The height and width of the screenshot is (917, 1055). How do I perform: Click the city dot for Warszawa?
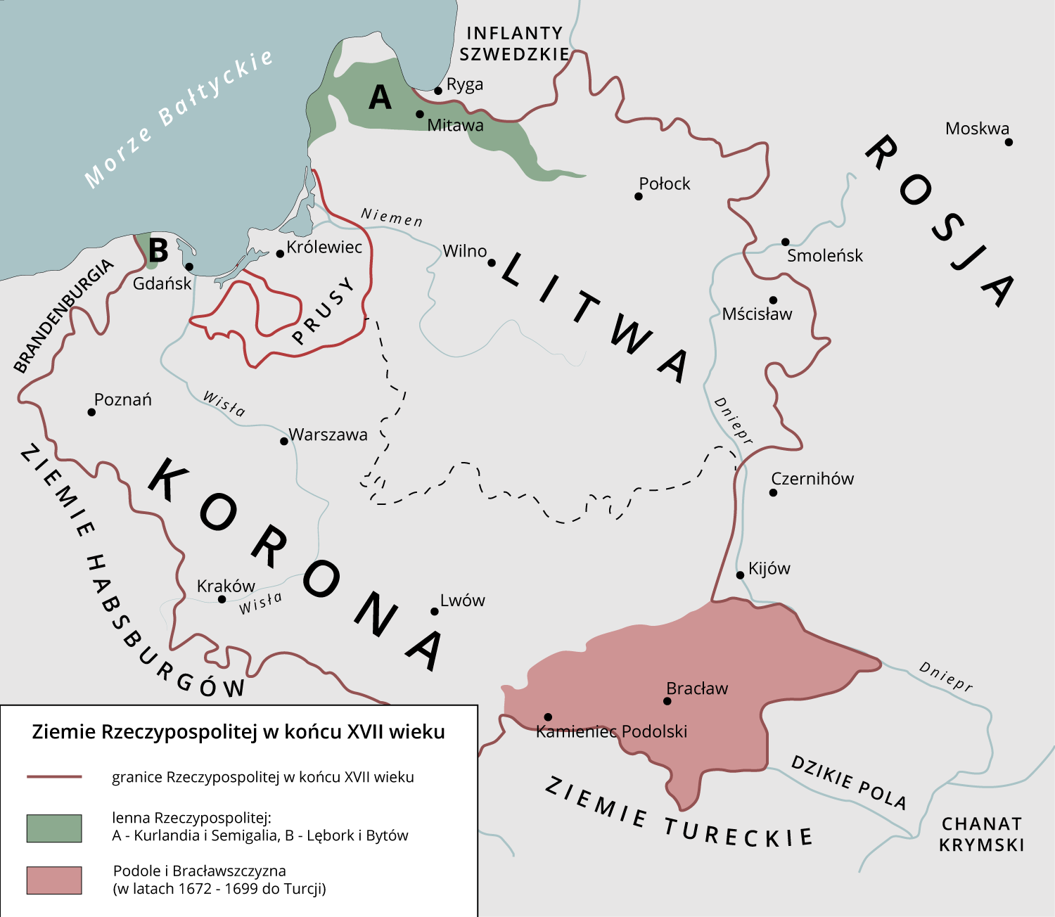pyautogui.click(x=284, y=441)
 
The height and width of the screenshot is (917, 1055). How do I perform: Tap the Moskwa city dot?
pyautogui.click(x=1009, y=142)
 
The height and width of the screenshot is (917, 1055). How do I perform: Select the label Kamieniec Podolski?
pyautogui.click(x=611, y=731)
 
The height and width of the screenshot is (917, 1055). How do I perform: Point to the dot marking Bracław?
pyautogui.click(x=667, y=701)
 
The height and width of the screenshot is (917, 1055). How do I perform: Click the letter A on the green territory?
pyautogui.click(x=380, y=98)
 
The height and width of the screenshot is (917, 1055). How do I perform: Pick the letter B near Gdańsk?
pyautogui.click(x=159, y=250)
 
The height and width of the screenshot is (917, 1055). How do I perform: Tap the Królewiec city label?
pyautogui.click(x=324, y=248)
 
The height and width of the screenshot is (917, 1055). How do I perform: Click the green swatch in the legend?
pyautogui.click(x=54, y=828)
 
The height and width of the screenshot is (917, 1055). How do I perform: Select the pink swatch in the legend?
pyautogui.click(x=54, y=880)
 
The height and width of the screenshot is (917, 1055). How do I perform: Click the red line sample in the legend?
pyautogui.click(x=54, y=777)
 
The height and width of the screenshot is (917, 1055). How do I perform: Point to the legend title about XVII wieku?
pyautogui.click(x=238, y=732)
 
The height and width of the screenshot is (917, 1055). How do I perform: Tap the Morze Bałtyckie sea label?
pyautogui.click(x=179, y=118)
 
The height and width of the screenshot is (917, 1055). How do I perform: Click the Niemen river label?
pyautogui.click(x=392, y=218)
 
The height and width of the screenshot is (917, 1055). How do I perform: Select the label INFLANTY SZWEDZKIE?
pyautogui.click(x=515, y=44)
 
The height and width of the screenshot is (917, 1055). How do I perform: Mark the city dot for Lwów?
pyautogui.click(x=435, y=611)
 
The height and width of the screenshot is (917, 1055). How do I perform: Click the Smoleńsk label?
pyautogui.click(x=824, y=256)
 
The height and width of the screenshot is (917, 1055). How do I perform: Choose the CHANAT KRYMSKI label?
pyautogui.click(x=981, y=834)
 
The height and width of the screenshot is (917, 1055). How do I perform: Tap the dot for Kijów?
pyautogui.click(x=740, y=575)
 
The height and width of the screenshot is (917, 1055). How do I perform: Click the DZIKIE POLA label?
pyautogui.click(x=848, y=782)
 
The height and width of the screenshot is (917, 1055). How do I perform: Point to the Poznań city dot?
pyautogui.click(x=91, y=412)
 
